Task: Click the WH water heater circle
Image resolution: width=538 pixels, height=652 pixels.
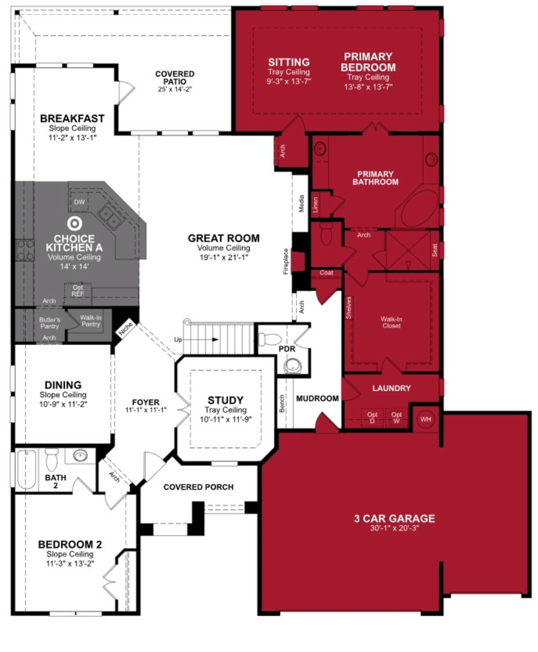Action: tap(425, 419)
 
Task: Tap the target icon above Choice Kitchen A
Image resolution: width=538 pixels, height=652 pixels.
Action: tap(75, 223)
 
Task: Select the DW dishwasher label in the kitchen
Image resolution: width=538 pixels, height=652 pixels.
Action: tap(79, 202)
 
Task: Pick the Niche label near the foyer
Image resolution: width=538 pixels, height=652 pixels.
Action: tap(125, 329)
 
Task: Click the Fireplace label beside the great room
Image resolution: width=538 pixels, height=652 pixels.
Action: tap(286, 261)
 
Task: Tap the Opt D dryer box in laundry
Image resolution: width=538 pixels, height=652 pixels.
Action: tap(372, 417)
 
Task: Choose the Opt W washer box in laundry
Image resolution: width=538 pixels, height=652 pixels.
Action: tap(396, 417)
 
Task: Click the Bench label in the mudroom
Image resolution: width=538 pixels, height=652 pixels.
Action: tap(282, 403)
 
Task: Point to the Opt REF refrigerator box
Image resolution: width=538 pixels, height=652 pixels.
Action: tap(78, 291)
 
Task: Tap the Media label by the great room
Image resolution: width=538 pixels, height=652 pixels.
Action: tap(301, 203)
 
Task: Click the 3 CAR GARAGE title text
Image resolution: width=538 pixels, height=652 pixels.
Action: tap(394, 518)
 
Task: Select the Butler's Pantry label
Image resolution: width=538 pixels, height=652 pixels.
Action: tap(50, 323)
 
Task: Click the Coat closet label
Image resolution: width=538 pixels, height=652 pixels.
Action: tap(326, 273)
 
